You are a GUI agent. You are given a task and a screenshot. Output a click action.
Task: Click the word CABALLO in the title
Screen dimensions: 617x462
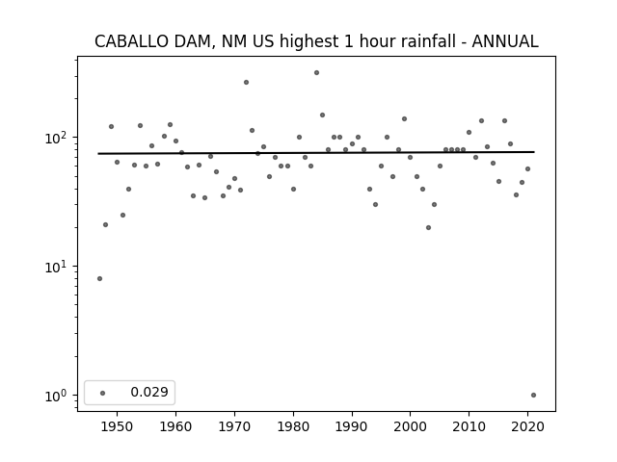coord(131,41)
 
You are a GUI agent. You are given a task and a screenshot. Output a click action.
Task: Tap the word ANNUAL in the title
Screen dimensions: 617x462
coord(505,41)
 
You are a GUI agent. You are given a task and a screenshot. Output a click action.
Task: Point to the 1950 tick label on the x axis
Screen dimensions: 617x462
coord(117,426)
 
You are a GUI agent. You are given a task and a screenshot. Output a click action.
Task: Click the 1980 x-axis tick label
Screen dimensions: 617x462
coord(293,426)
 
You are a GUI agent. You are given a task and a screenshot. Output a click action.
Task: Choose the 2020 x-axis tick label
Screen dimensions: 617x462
coord(527,426)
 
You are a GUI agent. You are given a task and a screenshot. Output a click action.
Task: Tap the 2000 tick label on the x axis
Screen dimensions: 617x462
coord(410,426)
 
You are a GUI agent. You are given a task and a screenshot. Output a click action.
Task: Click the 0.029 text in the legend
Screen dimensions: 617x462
coord(149,392)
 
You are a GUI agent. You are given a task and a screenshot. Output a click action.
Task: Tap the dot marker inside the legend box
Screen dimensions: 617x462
coord(103,393)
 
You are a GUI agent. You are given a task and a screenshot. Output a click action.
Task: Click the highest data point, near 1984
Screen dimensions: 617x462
coord(317,73)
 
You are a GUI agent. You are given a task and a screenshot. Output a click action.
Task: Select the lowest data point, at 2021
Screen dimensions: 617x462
coord(533,396)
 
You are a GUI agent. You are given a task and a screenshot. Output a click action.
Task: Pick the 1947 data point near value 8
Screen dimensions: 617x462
coord(99,278)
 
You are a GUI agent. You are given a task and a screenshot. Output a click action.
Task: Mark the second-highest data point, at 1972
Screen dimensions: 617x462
coord(247,83)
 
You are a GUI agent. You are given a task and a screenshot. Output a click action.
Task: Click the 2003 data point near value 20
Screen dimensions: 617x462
coord(428,227)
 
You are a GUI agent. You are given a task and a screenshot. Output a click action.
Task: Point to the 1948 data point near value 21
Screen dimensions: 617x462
coord(105,224)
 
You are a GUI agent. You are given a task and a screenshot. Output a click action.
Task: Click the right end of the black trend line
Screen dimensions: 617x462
coord(534,152)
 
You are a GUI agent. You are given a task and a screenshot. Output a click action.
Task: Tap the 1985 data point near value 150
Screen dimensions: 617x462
coord(322,115)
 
